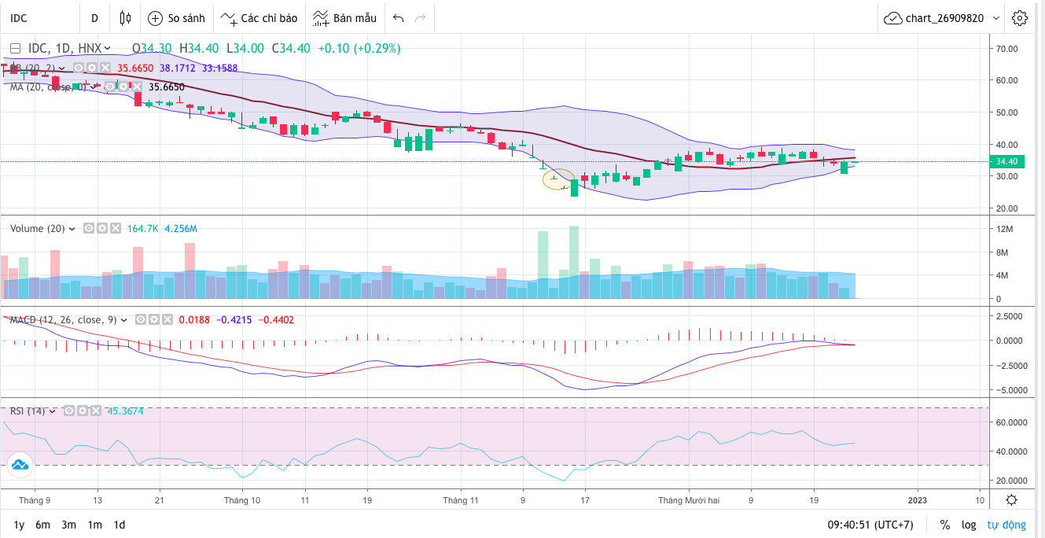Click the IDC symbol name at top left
[x=19, y=17]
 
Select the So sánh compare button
[x=176, y=17]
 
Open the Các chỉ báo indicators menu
[x=259, y=17]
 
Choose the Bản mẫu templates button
[x=344, y=17]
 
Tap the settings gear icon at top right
[x=1020, y=17]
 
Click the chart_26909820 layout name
[x=944, y=17]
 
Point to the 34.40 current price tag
[x=1006, y=161]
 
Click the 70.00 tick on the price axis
[x=1006, y=48]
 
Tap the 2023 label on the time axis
[x=918, y=499]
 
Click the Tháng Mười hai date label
[x=689, y=499]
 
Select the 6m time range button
[x=43, y=525]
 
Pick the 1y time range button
[x=19, y=525]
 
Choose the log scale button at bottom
[x=969, y=525]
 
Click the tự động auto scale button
[x=1006, y=525]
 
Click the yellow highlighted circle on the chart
[x=558, y=179]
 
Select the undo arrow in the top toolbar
[x=398, y=17]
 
